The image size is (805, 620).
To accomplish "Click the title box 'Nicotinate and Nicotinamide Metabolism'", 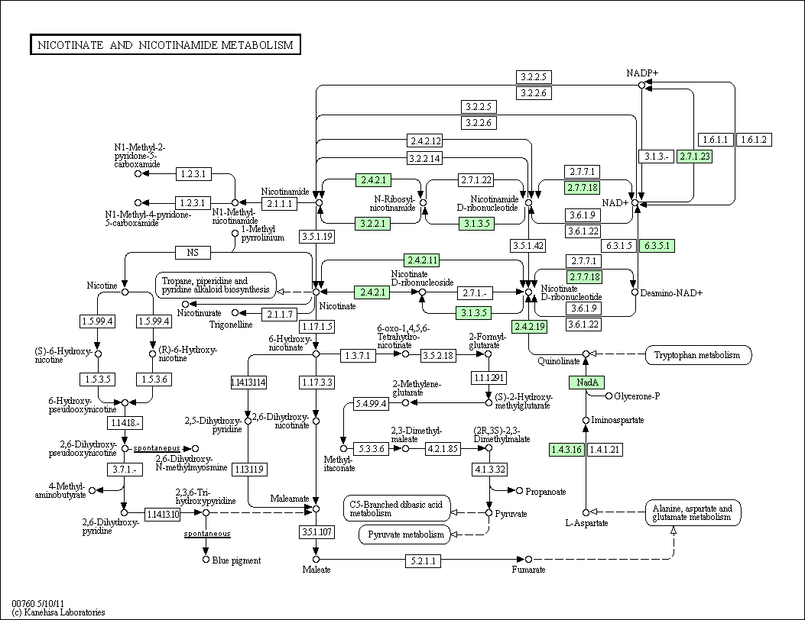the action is click(x=165, y=44).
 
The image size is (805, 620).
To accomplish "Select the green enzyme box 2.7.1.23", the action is click(x=695, y=157).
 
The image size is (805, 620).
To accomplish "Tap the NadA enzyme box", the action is click(x=587, y=382).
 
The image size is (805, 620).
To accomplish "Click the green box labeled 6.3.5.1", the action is click(x=657, y=246).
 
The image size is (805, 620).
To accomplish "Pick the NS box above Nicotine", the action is click(x=193, y=252).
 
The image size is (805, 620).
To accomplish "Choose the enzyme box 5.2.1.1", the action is click(x=423, y=560).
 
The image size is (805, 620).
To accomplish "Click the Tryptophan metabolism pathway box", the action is click(x=698, y=355).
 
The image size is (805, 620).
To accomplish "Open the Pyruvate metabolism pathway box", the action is click(x=406, y=534).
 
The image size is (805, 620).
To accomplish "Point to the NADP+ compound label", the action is click(x=641, y=73).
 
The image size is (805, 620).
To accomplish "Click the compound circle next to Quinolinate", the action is click(x=586, y=354).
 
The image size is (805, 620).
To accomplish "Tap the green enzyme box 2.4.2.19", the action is click(x=529, y=327).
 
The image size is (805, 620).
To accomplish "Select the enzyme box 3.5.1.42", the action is click(x=527, y=246).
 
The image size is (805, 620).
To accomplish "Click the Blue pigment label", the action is click(x=236, y=560).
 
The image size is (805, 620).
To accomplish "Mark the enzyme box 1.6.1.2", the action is click(x=755, y=140).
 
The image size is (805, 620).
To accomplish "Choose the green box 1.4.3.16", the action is click(x=566, y=450).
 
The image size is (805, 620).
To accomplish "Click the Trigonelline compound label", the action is click(x=231, y=325).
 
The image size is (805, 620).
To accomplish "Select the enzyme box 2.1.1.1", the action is click(x=279, y=204).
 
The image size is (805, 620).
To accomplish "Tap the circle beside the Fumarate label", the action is click(x=529, y=559).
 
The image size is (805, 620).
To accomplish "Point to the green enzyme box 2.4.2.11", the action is click(x=422, y=260).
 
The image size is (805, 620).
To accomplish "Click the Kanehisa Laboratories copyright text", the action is click(x=58, y=612).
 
